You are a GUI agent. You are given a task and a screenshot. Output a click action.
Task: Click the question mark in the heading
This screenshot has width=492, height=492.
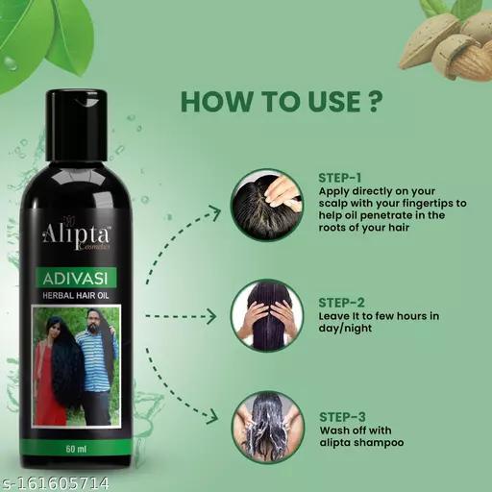(374, 101)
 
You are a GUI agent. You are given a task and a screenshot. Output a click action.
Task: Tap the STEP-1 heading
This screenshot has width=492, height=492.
(340, 178)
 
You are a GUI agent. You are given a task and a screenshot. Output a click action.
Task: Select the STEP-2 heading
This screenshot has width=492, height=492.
(341, 303)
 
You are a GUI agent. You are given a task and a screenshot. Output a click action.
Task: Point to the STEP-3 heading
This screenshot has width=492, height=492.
(342, 417)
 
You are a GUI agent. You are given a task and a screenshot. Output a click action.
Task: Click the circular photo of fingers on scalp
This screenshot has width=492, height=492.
(267, 205)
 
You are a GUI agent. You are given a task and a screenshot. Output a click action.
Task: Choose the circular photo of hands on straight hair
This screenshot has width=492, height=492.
(267, 315)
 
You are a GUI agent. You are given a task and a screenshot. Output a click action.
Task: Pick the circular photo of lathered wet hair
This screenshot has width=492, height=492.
(268, 427)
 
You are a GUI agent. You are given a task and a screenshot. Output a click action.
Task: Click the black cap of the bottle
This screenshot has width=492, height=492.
(76, 125)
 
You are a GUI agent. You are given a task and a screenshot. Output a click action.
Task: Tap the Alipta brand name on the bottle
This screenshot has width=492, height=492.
(76, 234)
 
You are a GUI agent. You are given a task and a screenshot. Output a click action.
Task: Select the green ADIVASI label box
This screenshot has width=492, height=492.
(76, 278)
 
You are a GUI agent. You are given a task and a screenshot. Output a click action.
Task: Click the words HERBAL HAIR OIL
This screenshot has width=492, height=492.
(76, 295)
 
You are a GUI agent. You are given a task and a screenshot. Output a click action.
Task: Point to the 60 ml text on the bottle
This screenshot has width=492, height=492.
(76, 449)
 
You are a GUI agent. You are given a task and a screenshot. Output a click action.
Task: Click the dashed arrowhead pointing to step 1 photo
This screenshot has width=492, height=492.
(213, 212)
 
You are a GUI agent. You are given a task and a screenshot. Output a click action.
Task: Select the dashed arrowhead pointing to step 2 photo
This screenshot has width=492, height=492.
(211, 316)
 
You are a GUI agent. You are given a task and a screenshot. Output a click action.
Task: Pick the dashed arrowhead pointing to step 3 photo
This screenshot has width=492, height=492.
(212, 415)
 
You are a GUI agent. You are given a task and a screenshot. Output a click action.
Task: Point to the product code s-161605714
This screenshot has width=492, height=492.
(55, 482)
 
